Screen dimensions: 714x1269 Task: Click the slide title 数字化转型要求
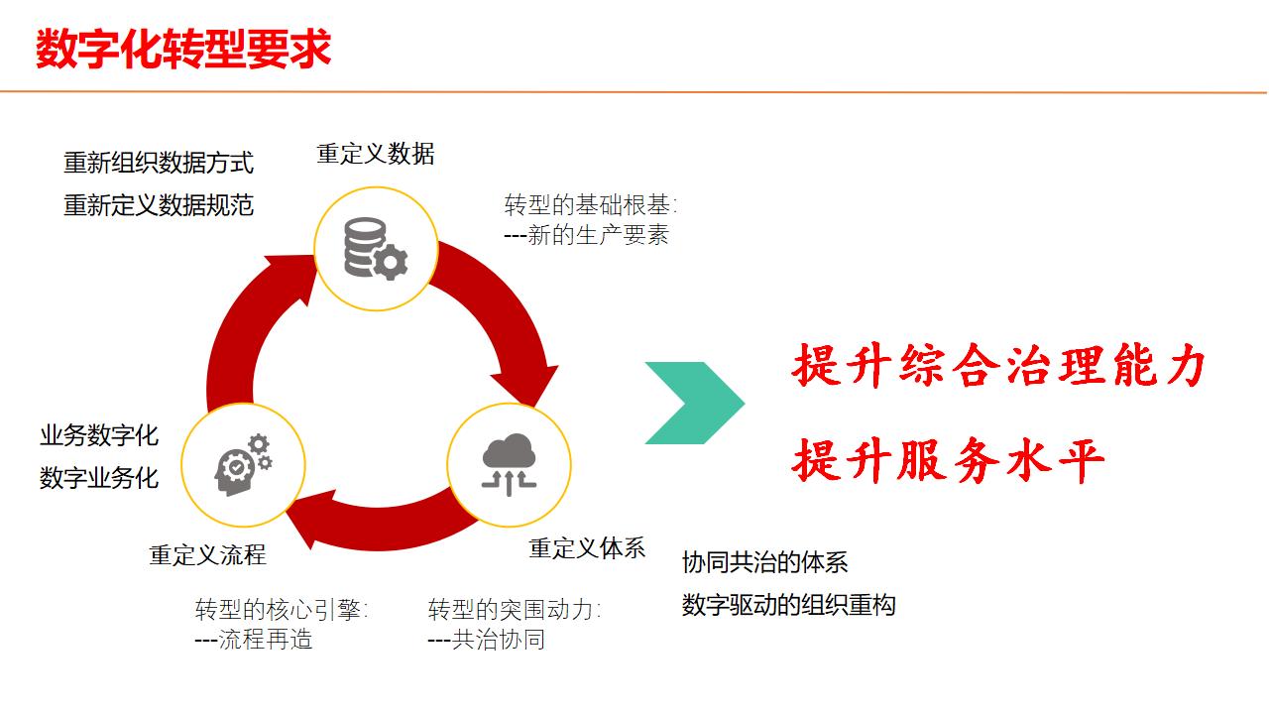183,49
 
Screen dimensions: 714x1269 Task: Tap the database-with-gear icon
376,248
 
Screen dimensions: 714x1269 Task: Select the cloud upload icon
509,465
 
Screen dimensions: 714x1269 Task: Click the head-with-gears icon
243,465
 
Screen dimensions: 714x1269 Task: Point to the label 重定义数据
376,154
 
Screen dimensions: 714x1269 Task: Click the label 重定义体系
587,547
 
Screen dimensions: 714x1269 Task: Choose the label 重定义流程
208,554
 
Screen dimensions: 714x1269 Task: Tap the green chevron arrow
695,403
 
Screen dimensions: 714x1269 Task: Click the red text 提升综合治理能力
998,367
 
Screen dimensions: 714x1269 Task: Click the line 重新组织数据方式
159,163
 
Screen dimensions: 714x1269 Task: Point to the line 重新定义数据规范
159,205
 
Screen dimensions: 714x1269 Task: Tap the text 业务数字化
99,435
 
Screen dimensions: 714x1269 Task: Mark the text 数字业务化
99,478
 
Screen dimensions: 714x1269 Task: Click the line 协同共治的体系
765,562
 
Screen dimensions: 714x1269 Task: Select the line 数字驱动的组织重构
789,605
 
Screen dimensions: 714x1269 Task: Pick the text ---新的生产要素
587,236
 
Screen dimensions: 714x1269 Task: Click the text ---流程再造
254,640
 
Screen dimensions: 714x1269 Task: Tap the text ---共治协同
487,640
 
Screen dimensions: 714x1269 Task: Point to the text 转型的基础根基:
592,206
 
